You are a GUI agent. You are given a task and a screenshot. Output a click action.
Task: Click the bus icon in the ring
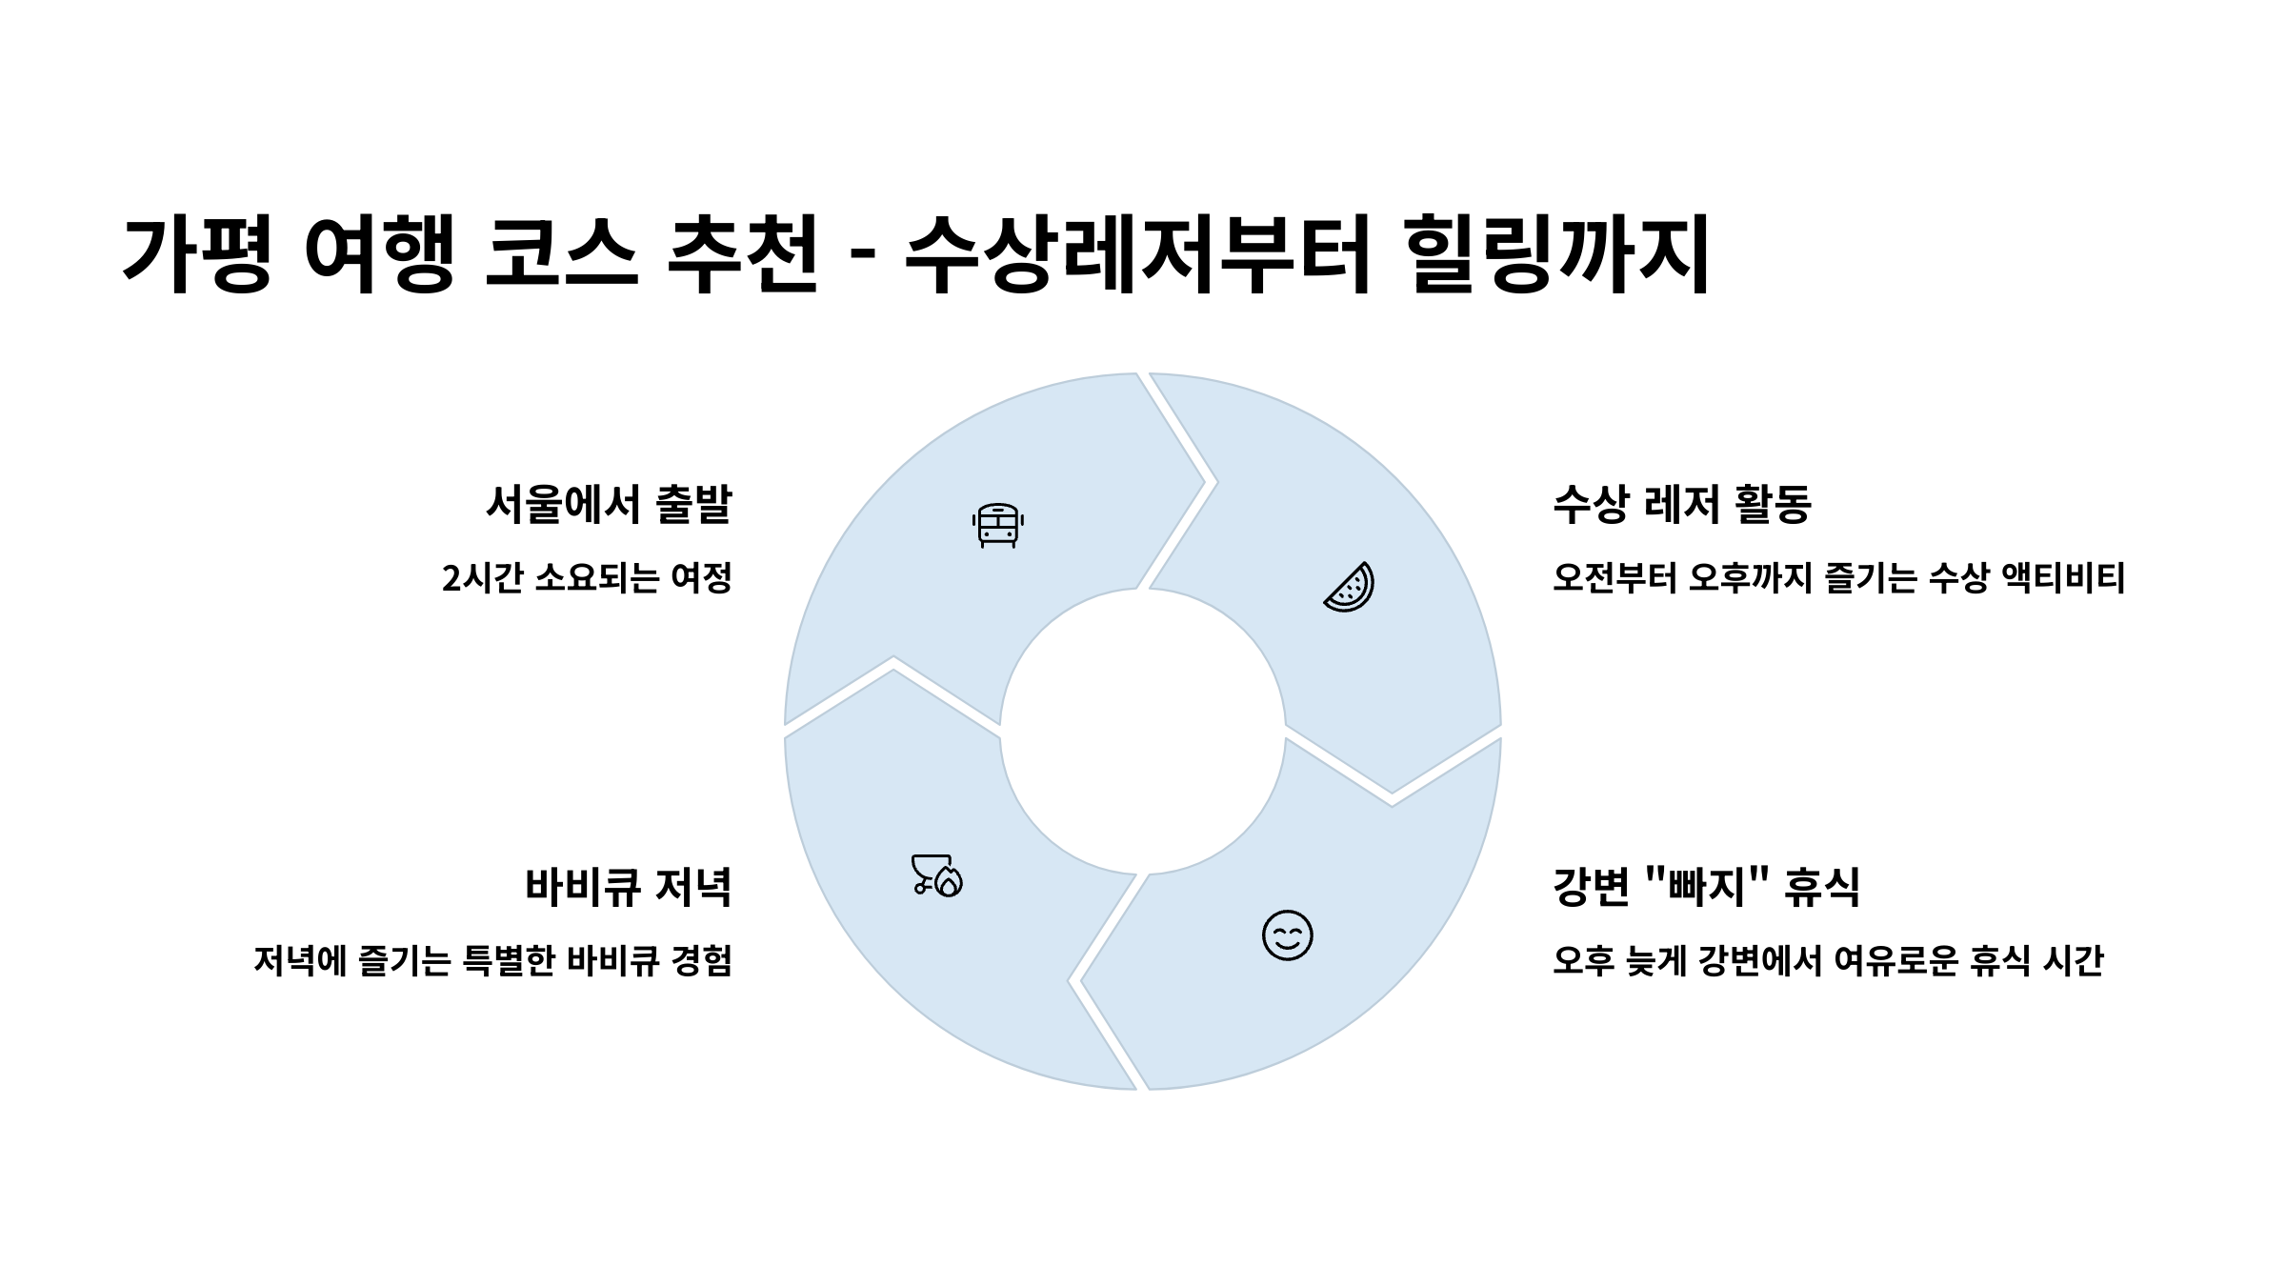[x=997, y=525]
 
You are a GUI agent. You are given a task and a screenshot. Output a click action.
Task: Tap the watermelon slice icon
[x=1350, y=587]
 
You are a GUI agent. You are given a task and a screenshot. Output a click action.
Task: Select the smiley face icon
[x=1287, y=935]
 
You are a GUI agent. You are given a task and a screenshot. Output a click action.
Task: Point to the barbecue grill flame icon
[x=937, y=875]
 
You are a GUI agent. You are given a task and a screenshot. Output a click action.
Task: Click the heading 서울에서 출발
[x=609, y=504]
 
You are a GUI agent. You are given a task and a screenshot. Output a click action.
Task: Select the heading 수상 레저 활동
[x=1681, y=504]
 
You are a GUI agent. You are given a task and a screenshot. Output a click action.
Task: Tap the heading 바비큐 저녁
[x=628, y=887]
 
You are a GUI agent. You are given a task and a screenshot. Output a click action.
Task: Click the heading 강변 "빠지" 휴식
[x=1706, y=887]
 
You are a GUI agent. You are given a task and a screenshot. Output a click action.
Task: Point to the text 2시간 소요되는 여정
[x=587, y=578]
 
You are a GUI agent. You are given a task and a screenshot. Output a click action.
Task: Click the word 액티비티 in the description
[x=2064, y=578]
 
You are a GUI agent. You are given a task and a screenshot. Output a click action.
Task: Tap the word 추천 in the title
[x=743, y=253]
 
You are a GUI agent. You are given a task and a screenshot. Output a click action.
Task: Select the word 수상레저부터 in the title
[x=1137, y=253]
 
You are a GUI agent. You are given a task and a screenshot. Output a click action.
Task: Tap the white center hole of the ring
[x=1142, y=732]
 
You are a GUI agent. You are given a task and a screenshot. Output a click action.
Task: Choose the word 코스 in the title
[x=561, y=253]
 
